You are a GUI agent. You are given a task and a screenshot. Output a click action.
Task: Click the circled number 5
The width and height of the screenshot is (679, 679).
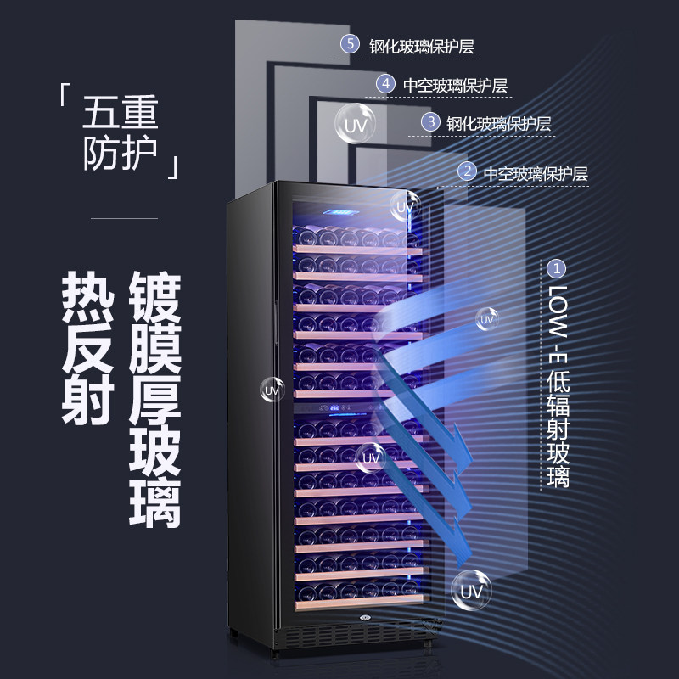click(349, 45)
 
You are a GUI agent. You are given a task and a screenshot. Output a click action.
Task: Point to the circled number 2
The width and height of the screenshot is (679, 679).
click(467, 171)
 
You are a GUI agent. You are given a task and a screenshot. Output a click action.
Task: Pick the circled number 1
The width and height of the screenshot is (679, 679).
click(558, 268)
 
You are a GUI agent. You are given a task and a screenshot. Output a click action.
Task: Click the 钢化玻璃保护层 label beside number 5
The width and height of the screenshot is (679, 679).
click(421, 46)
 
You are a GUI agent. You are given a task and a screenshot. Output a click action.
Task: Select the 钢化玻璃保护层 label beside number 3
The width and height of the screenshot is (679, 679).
click(500, 123)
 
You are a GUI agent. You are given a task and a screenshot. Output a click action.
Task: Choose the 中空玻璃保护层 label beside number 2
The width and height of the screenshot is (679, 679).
click(536, 172)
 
